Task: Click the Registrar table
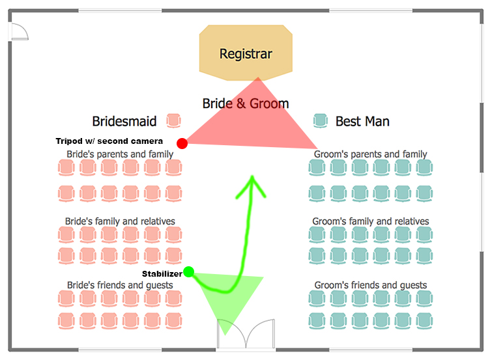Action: (x=245, y=53)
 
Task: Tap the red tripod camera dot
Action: (x=182, y=143)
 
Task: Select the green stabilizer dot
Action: (x=189, y=271)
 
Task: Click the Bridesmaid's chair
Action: (x=173, y=120)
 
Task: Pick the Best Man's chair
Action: (x=320, y=120)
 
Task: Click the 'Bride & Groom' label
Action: (x=246, y=103)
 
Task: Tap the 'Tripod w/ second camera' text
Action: (x=109, y=141)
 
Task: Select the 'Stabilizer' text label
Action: (x=162, y=274)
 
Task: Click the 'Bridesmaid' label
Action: (x=124, y=121)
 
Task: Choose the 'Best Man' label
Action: (x=362, y=121)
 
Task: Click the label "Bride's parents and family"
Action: (x=120, y=154)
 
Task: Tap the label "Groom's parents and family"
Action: (x=370, y=154)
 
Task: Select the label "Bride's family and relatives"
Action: (x=120, y=221)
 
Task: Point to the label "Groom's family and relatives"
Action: (x=371, y=221)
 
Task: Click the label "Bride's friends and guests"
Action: (x=120, y=285)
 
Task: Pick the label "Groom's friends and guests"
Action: (x=371, y=285)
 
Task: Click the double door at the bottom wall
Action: (x=245, y=335)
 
